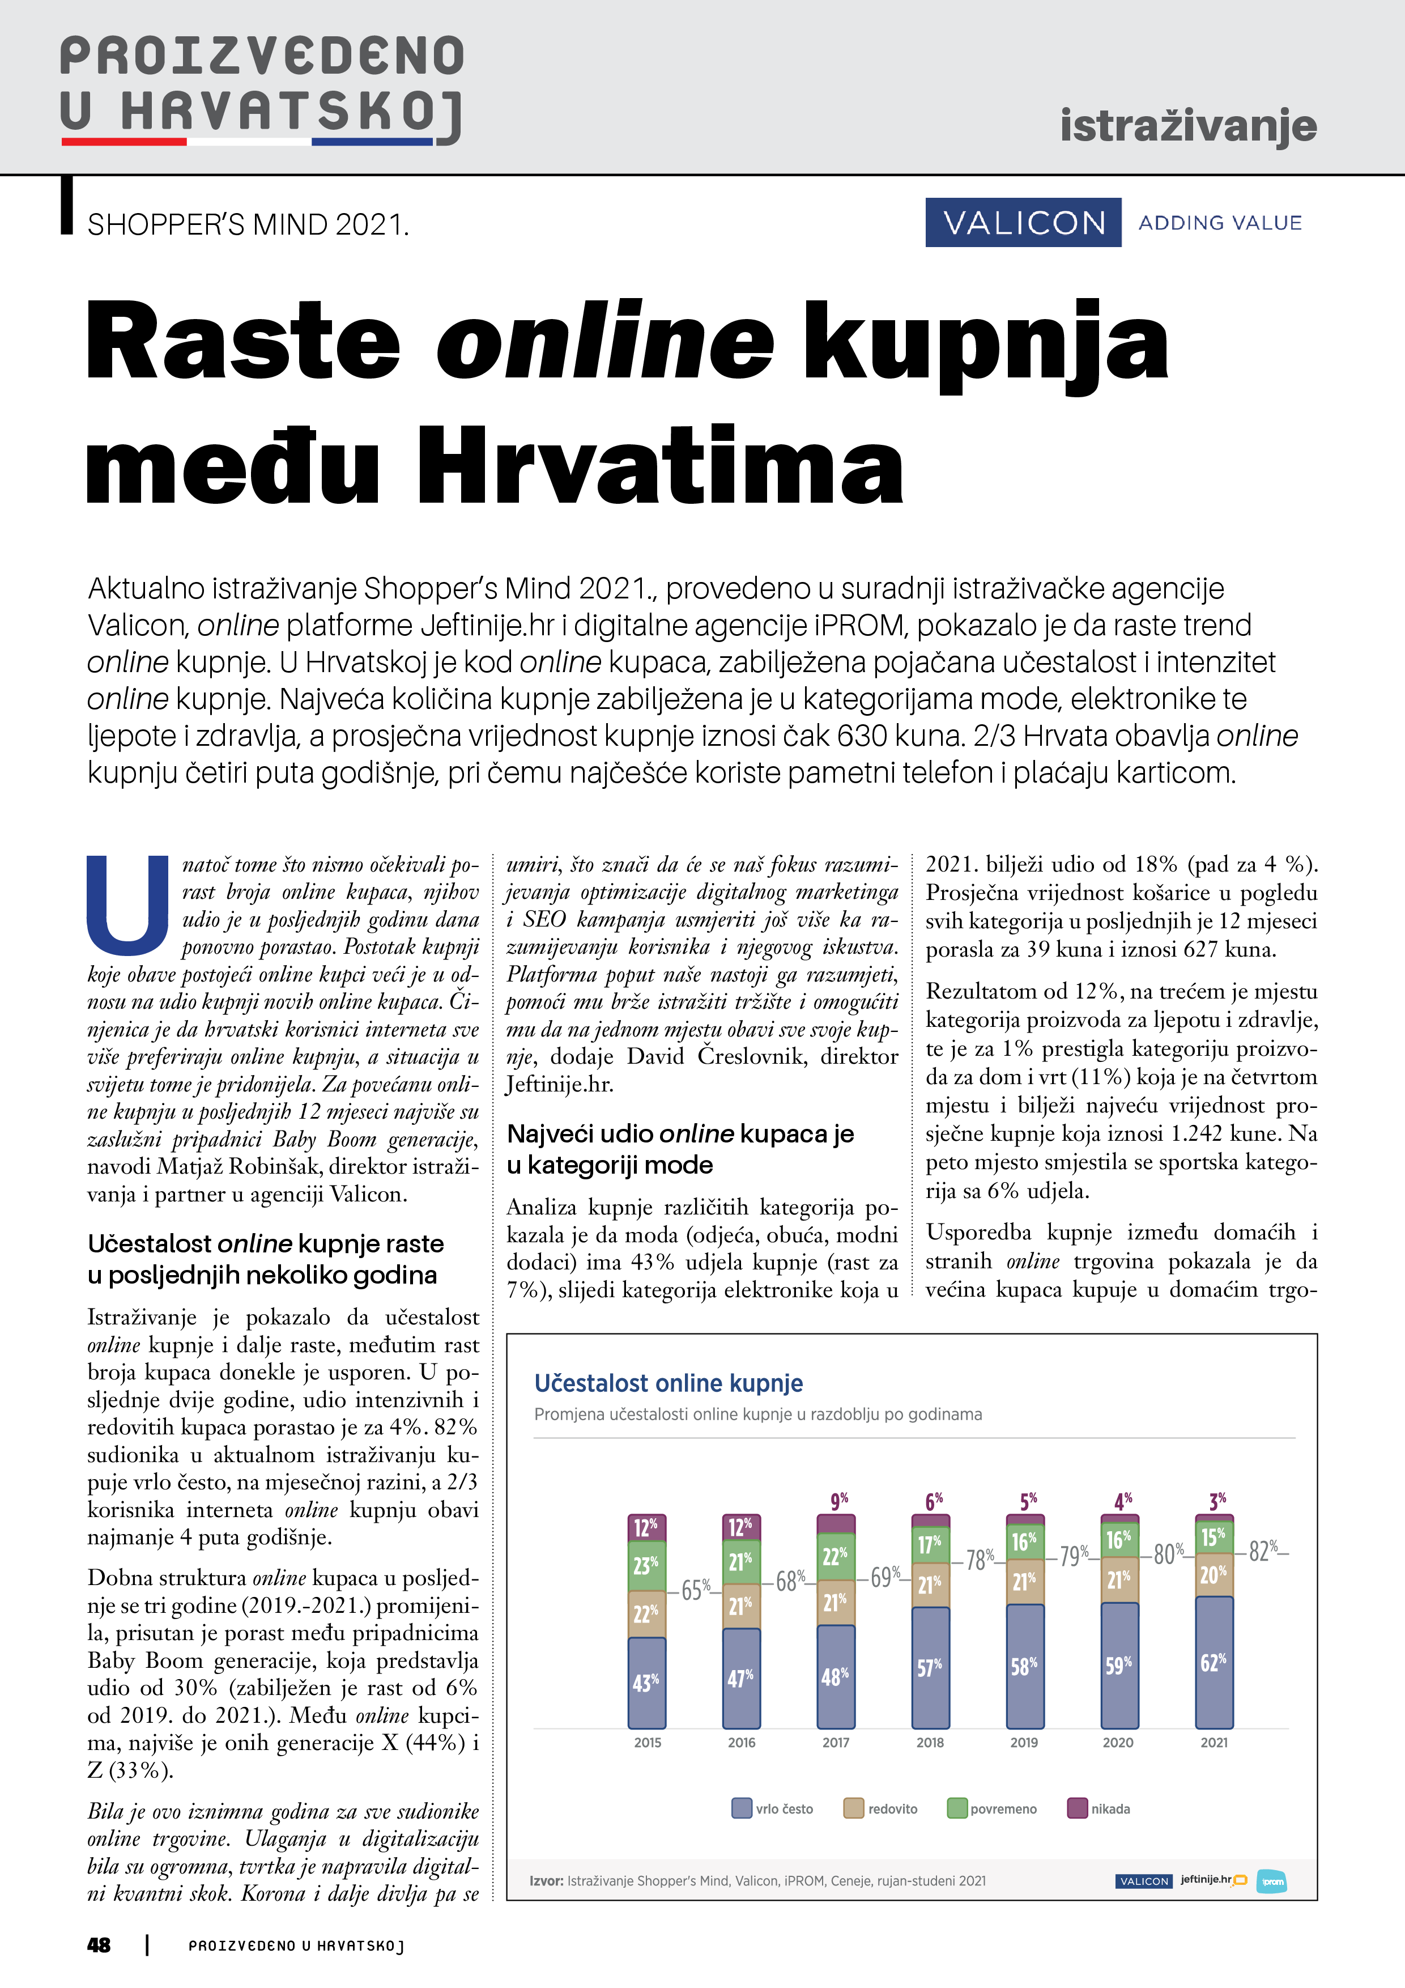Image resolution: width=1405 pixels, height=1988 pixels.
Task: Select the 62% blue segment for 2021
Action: tap(1214, 1662)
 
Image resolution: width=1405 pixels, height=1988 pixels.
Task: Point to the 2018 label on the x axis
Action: tap(930, 1742)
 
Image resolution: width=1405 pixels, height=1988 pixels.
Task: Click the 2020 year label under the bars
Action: tap(1118, 1742)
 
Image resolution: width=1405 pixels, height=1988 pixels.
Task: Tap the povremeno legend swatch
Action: tap(957, 1809)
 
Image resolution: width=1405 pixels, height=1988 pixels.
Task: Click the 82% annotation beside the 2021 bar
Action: tap(1263, 1550)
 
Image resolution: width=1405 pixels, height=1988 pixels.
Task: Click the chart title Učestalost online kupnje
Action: tap(669, 1383)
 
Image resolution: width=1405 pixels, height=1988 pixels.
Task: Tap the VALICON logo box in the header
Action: tap(1023, 223)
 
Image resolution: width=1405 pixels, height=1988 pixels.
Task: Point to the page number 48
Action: tap(100, 1945)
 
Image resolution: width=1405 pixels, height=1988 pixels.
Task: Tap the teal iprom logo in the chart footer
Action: tap(1272, 1881)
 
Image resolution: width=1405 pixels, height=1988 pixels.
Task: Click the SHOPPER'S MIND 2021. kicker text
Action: tap(248, 225)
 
